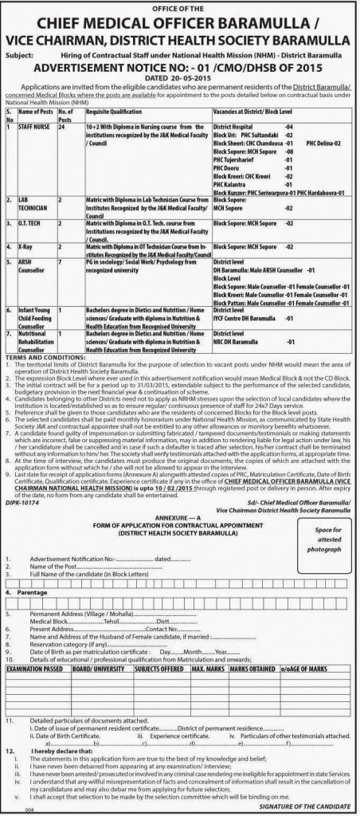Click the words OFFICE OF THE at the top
179,6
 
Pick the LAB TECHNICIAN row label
31,201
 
